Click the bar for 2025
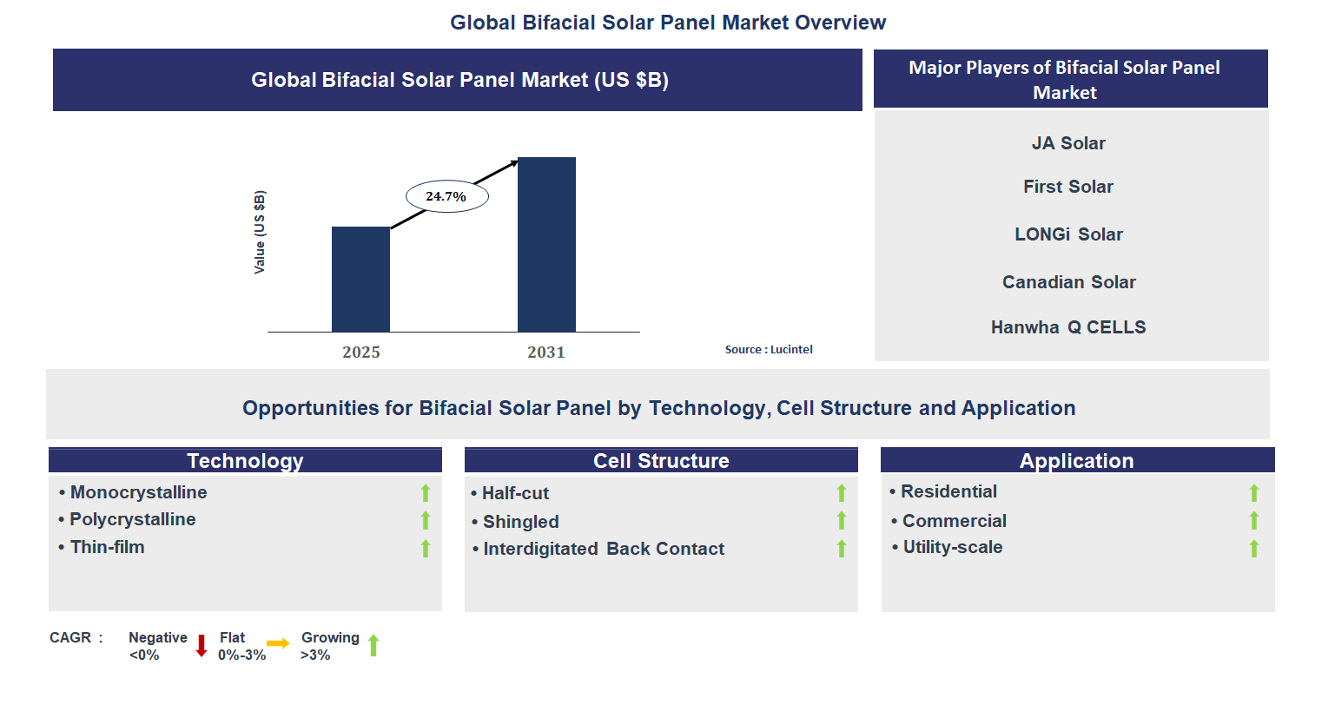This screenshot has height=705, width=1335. tap(360, 279)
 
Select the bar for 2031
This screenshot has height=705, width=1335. tap(546, 244)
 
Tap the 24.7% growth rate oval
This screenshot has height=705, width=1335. tap(446, 197)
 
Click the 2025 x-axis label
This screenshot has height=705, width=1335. tap(360, 352)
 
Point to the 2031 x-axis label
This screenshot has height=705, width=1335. tap(546, 352)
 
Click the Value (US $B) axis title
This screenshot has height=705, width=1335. tap(260, 232)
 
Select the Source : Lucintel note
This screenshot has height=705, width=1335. tap(769, 349)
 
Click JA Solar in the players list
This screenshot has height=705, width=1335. tap(1068, 143)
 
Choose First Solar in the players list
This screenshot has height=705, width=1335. tap(1068, 187)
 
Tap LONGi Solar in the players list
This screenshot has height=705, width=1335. tap(1068, 234)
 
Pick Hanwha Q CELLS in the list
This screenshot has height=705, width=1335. tap(1068, 327)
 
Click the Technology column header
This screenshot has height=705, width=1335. tap(245, 460)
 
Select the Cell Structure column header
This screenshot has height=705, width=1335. tap(661, 460)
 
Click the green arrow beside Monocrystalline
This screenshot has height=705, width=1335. tap(426, 493)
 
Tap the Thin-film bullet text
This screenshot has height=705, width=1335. tap(107, 547)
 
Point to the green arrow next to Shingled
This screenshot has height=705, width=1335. tap(841, 520)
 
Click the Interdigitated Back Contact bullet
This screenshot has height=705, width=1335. tap(603, 549)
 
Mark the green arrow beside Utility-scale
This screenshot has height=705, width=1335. tap(1253, 548)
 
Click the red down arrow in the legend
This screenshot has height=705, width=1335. tap(202, 645)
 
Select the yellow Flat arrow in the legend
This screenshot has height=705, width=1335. tap(278, 643)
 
